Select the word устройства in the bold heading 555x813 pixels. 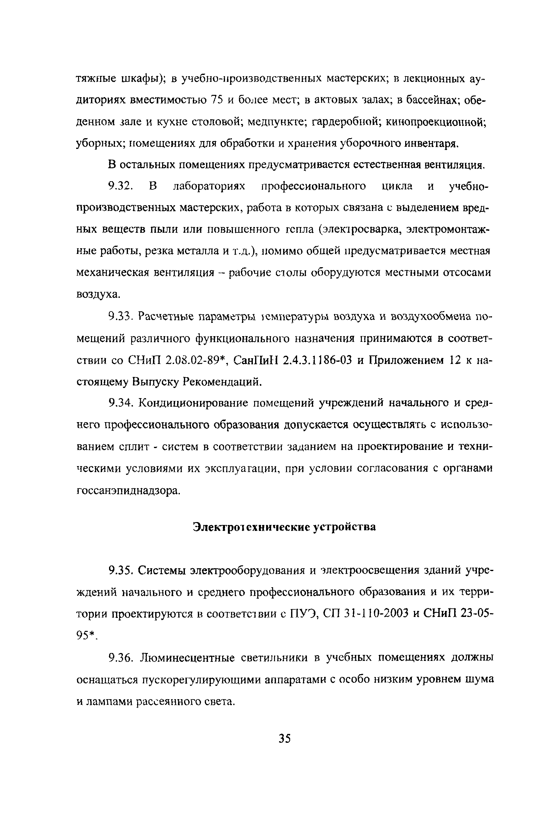click(x=344, y=527)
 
